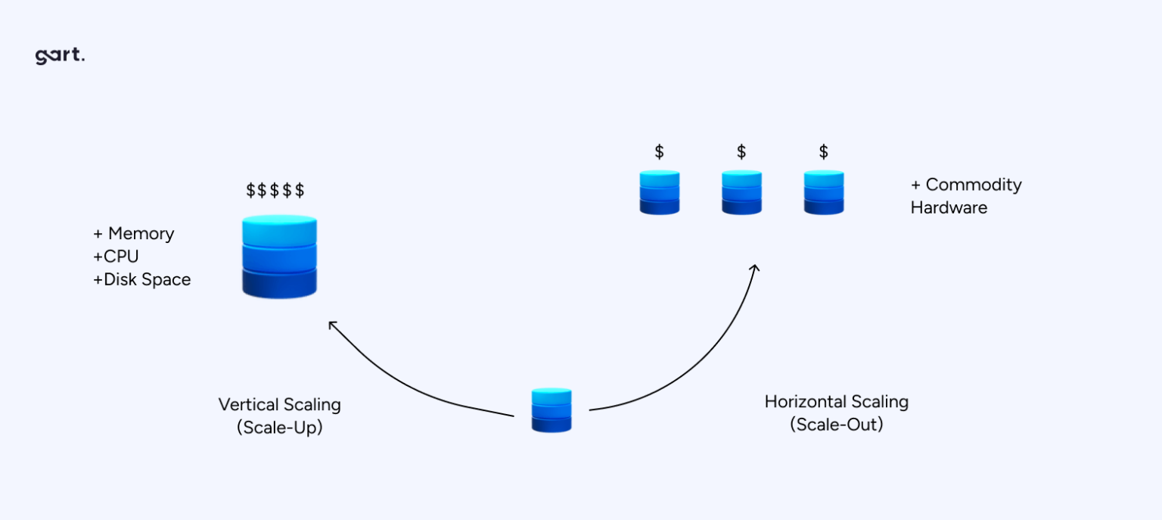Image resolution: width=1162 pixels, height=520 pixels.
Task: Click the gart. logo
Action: coord(60,57)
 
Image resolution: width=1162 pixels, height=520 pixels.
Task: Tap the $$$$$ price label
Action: coord(275,191)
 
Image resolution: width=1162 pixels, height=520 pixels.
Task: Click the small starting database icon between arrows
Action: coord(551,410)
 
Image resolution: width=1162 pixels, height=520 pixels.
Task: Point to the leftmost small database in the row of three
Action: coord(660,192)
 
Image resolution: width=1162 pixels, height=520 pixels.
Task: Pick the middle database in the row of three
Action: coord(741,192)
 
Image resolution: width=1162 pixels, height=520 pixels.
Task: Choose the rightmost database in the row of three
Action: coord(823,192)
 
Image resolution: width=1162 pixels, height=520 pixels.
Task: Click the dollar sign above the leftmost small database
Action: coord(660,152)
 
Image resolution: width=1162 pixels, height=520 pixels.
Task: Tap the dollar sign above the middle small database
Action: coord(741,152)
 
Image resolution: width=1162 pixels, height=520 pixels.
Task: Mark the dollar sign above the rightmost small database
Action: coord(823,152)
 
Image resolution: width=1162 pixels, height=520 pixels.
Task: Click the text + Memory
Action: coord(133,233)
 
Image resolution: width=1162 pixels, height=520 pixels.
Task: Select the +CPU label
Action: coord(116,257)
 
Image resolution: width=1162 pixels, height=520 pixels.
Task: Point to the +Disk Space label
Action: coord(142,279)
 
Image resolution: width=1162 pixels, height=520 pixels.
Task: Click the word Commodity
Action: coord(973,185)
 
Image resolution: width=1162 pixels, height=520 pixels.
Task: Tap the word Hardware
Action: coord(949,207)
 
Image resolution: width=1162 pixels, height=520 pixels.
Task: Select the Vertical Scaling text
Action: coord(279,404)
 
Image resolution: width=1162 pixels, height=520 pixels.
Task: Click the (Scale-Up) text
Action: coord(279,427)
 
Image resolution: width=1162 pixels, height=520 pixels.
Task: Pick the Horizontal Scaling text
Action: coord(836,401)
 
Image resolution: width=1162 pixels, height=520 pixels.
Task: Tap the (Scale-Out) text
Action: coord(836,425)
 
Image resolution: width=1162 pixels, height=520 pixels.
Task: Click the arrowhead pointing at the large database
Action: coord(331,325)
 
